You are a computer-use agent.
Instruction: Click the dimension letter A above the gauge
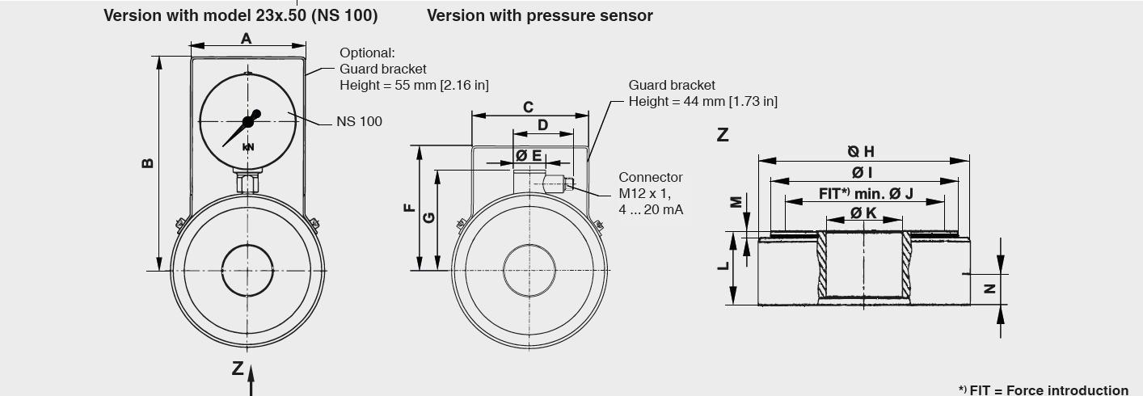point(247,39)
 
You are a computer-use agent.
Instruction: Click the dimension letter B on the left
point(147,162)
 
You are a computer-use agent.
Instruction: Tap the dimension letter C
point(528,107)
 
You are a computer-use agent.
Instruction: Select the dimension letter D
point(542,125)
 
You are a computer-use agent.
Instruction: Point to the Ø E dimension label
point(529,154)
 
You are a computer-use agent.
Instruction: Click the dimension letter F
point(410,208)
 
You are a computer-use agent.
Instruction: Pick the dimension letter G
point(429,217)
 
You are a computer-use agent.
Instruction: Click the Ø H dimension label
point(861,151)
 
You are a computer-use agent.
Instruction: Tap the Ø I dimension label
point(862,172)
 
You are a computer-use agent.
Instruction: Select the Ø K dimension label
point(863,213)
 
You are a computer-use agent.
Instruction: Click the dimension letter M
point(736,201)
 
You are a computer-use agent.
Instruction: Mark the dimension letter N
point(989,289)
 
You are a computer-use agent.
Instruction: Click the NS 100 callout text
point(359,121)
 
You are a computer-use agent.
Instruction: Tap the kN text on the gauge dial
point(248,147)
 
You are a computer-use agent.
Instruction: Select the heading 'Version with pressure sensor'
point(539,15)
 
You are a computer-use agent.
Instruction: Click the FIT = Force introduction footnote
point(1043,390)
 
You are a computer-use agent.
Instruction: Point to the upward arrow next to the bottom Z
point(251,379)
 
